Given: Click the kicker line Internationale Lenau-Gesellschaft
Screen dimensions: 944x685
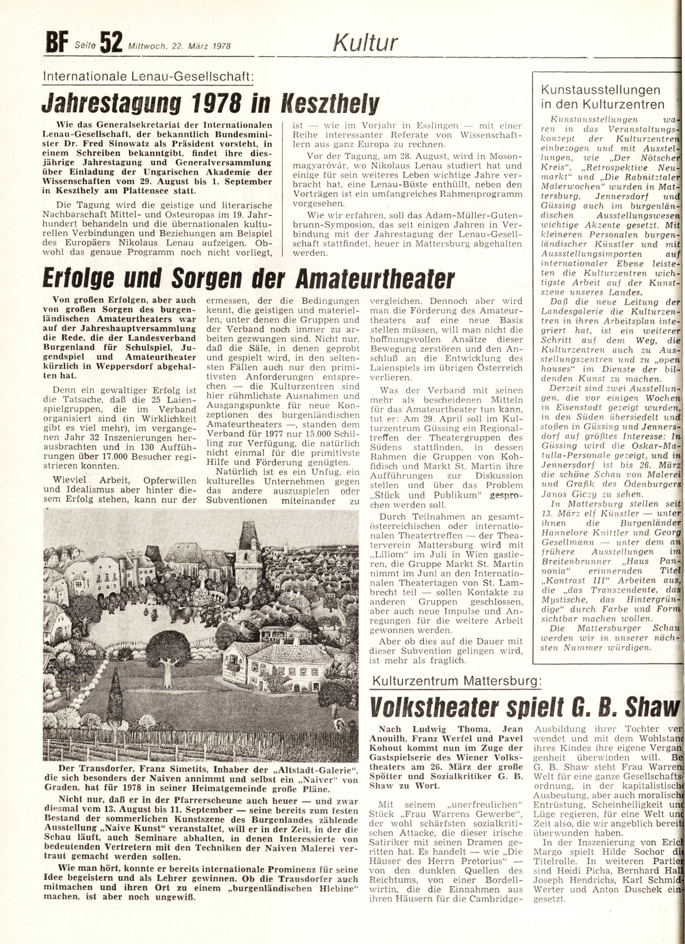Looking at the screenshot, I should coord(148,77).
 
